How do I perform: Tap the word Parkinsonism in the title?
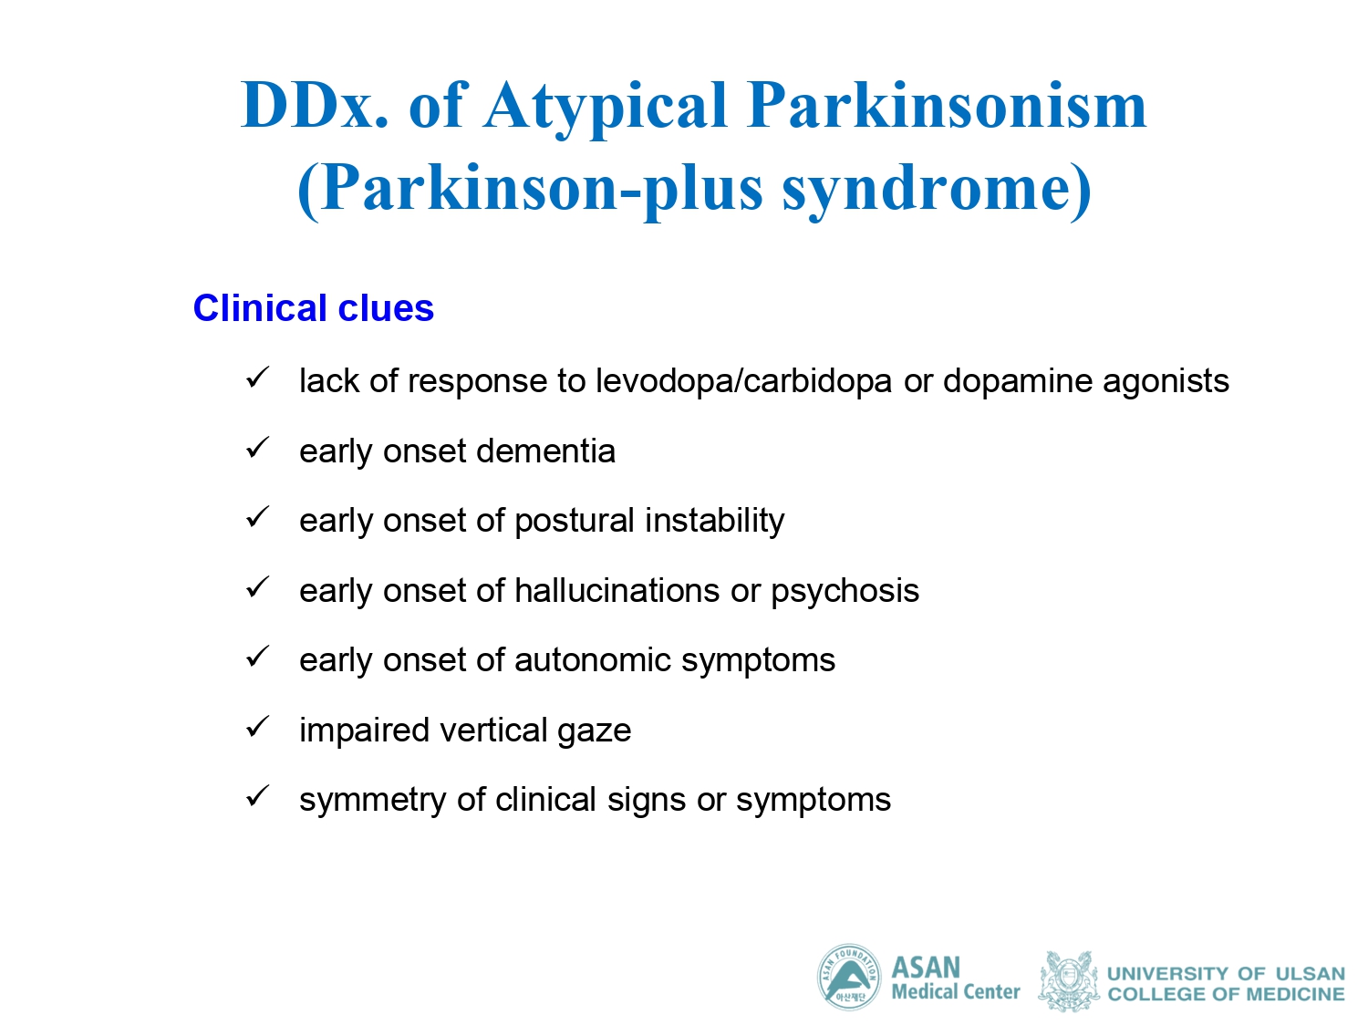coord(947,105)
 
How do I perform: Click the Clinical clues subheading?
coord(314,307)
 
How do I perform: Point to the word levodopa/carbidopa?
coord(743,380)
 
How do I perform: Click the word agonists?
coord(1166,382)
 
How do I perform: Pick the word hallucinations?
coord(617,590)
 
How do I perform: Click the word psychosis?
coord(845,591)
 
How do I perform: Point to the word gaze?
coord(594,731)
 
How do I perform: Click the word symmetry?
coord(372,801)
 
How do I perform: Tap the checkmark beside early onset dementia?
coord(257,447)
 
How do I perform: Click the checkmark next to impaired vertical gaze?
coord(257,726)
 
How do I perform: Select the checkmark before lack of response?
coord(257,378)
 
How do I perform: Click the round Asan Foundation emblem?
coord(849,977)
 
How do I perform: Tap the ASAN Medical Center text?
coord(956,978)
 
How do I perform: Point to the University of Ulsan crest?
coord(1068,980)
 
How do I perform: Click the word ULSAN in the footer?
coord(1310,974)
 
